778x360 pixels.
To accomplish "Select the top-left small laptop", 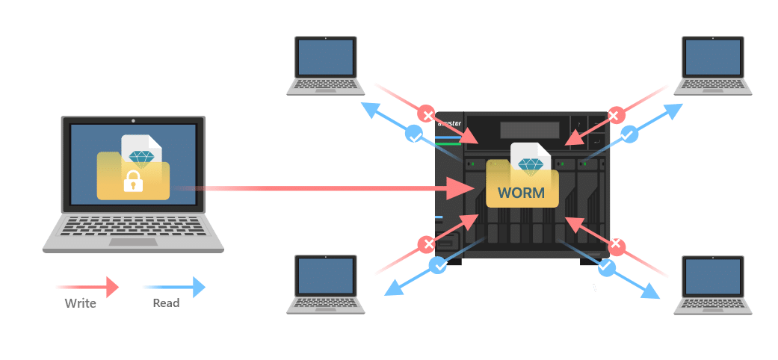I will [325, 66].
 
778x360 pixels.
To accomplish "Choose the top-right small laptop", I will [712, 66].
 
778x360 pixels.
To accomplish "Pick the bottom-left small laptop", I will [326, 284].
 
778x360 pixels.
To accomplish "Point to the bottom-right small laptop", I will [712, 284].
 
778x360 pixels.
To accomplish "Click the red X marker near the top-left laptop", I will [427, 114].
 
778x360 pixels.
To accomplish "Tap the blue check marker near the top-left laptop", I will [413, 134].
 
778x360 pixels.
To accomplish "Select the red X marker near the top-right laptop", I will [614, 115].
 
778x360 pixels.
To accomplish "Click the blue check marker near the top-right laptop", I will [629, 134].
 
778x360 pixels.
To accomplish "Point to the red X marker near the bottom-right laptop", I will [616, 244].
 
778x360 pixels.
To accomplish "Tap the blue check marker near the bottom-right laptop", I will [606, 265].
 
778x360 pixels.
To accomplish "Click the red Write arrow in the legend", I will [87, 286].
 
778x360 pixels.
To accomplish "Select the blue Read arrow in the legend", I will [173, 286].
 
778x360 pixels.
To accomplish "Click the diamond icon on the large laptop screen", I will [141, 155].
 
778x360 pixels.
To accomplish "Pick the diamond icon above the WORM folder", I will [531, 164].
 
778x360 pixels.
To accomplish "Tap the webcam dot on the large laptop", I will [133, 120].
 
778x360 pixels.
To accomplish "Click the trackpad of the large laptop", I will [133, 242].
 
